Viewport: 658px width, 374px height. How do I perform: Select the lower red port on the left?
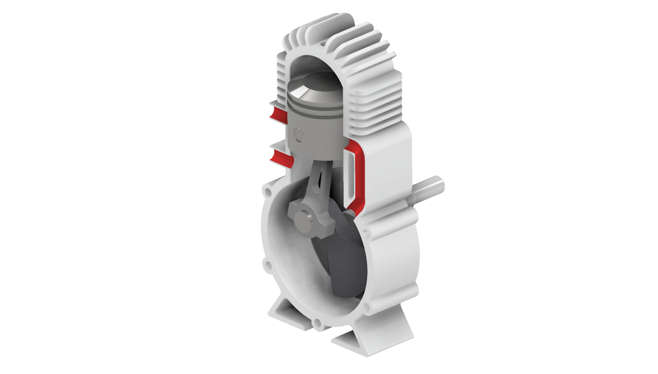point(280,159)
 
